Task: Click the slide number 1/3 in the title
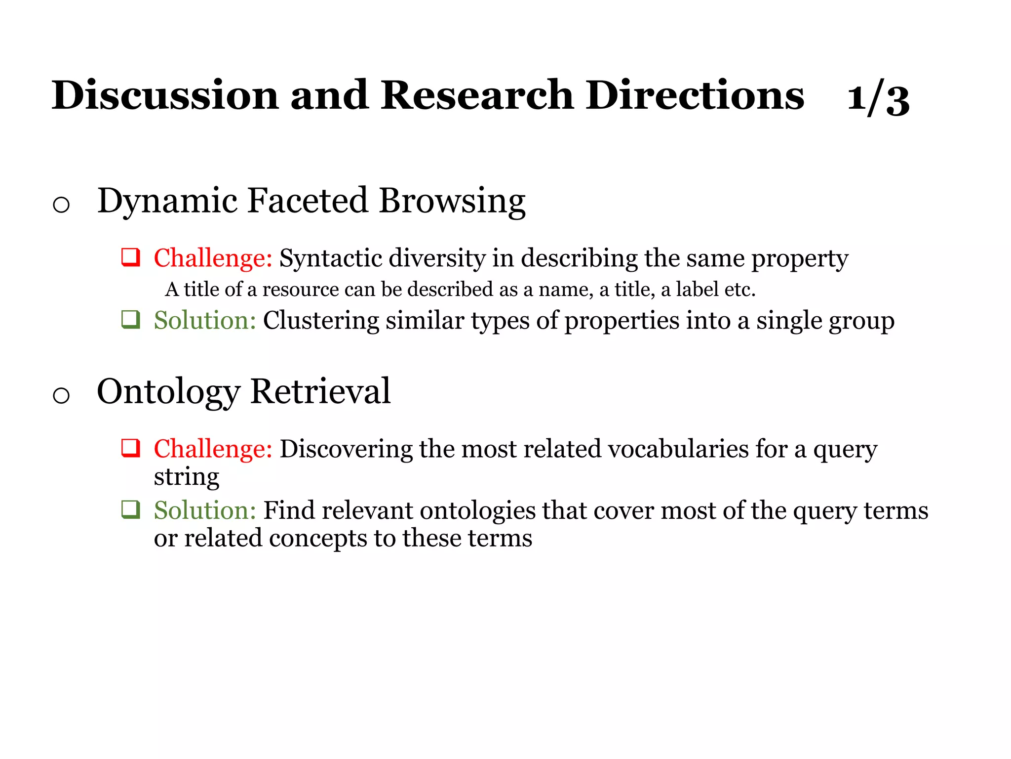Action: (x=878, y=99)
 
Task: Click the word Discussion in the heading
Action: (x=165, y=95)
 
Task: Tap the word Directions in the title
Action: (x=695, y=95)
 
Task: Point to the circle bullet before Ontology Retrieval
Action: (x=61, y=395)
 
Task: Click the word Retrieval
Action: (x=320, y=391)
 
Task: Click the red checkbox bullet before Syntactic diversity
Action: (x=131, y=257)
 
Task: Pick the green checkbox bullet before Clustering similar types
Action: (x=131, y=320)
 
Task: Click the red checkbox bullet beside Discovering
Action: (x=131, y=448)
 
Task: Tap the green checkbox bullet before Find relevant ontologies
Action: (x=131, y=509)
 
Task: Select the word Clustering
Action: (x=321, y=321)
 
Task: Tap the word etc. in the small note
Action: (x=740, y=290)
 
